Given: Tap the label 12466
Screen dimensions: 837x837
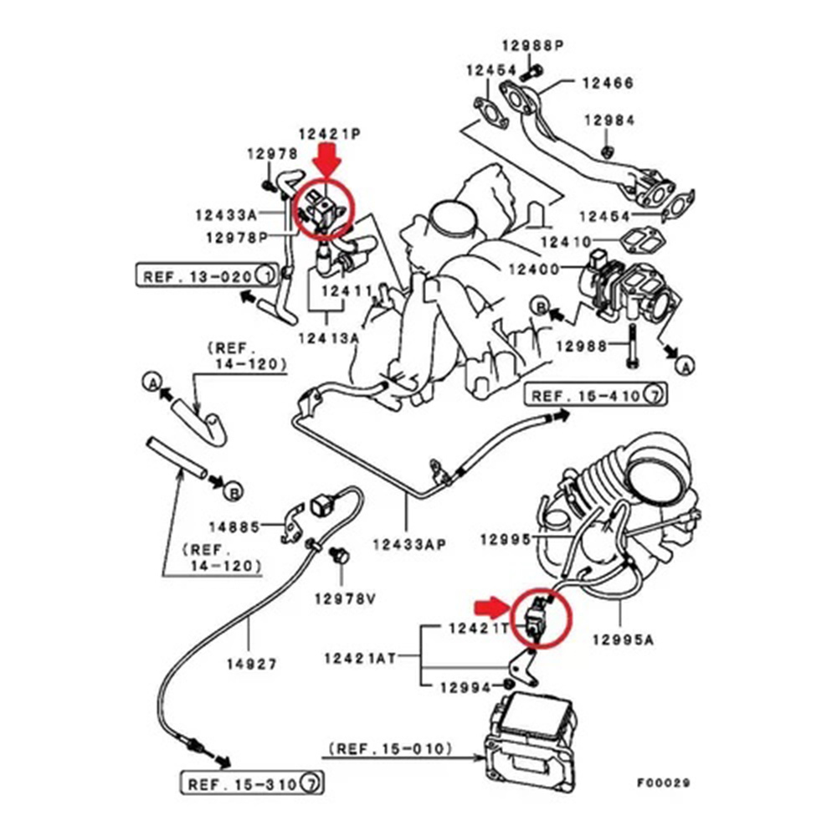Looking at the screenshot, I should [x=608, y=83].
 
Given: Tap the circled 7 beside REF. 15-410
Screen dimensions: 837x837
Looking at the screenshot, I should [x=657, y=394].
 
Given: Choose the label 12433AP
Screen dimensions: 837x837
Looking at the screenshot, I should [x=408, y=544].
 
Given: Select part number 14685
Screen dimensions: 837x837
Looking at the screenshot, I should [x=235, y=527].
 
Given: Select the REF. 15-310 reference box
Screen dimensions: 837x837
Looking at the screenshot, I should [x=252, y=784].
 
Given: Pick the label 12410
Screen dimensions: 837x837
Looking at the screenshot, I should [x=568, y=242].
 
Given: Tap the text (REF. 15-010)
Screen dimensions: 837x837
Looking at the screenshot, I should [x=391, y=747].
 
